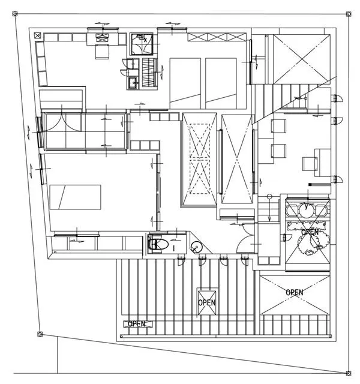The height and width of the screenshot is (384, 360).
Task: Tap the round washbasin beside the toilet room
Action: point(196,247)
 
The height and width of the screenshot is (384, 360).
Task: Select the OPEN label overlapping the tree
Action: point(310,232)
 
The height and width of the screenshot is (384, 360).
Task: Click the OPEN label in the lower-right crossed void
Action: point(295,292)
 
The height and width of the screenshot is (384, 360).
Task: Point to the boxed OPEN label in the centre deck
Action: point(206,303)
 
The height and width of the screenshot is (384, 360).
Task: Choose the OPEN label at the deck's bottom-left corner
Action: point(136,324)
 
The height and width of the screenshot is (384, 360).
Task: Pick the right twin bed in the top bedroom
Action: point(223,82)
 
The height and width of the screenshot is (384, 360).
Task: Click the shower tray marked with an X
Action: point(143,43)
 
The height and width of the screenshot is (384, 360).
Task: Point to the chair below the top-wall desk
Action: point(101,52)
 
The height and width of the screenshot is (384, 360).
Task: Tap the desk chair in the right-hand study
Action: point(310,163)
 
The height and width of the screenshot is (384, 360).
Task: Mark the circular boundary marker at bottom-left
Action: point(40,334)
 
